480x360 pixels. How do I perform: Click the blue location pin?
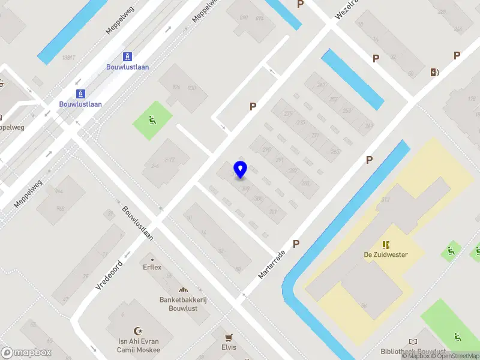pyautogui.click(x=241, y=169)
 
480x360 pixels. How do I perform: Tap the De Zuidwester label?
pyautogui.click(x=385, y=254)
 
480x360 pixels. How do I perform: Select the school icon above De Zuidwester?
pyautogui.click(x=386, y=244)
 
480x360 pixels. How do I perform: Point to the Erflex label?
pyautogui.click(x=152, y=267)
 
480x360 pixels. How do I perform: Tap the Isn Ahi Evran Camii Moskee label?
pyautogui.click(x=139, y=346)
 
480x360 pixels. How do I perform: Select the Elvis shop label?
pyautogui.click(x=228, y=347)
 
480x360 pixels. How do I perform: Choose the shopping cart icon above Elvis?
pyautogui.click(x=228, y=337)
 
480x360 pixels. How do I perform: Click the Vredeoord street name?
pyautogui.click(x=109, y=275)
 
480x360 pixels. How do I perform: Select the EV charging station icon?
pyautogui.click(x=434, y=73)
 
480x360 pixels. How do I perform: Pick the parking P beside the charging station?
pyautogui.click(x=457, y=56)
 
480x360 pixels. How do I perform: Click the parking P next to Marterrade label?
pyautogui.click(x=296, y=244)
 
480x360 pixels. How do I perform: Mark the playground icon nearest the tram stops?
pyautogui.click(x=152, y=120)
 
